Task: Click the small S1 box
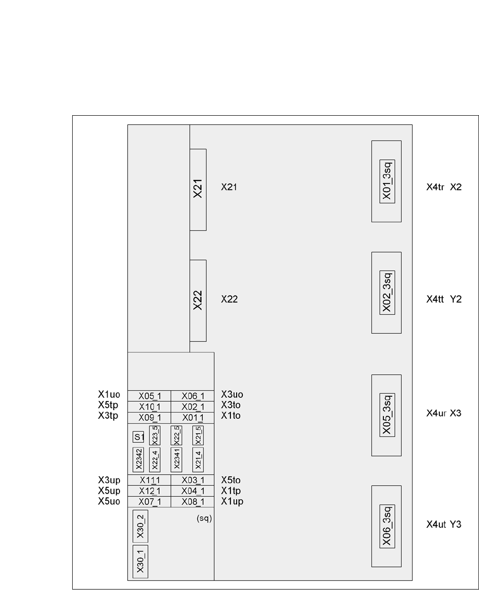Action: [x=139, y=437]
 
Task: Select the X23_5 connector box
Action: [x=154, y=435]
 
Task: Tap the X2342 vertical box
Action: [x=139, y=459]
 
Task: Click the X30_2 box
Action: [x=140, y=526]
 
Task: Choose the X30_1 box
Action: [x=140, y=561]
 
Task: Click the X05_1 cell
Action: [x=149, y=396]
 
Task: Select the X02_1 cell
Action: [x=193, y=406]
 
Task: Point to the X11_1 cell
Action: [x=149, y=481]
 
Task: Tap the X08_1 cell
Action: [x=193, y=502]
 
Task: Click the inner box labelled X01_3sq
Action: [x=387, y=181]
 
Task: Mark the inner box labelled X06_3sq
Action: [x=387, y=526]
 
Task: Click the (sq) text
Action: [x=204, y=518]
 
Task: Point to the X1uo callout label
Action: [x=109, y=394]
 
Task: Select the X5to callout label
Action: [x=230, y=480]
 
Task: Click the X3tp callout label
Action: [x=109, y=415]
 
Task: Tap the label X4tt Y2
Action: [x=444, y=300]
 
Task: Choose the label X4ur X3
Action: [x=444, y=413]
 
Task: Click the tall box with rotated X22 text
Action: [x=198, y=301]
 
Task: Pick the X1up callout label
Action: [x=232, y=501]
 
